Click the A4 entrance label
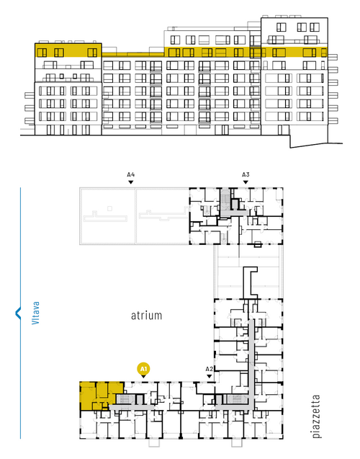click(x=130, y=174)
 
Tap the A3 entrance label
click(x=246, y=174)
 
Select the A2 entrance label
click(x=209, y=369)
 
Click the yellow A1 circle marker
click(x=143, y=369)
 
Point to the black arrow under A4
click(x=131, y=182)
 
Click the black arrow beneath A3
click(x=246, y=182)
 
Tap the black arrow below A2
click(x=210, y=376)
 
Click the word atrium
click(x=146, y=316)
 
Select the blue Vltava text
click(x=35, y=313)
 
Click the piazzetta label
click(x=316, y=416)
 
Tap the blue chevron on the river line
click(x=18, y=313)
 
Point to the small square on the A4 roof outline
click(x=109, y=208)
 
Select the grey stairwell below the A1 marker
click(x=126, y=399)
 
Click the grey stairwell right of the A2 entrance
click(x=236, y=399)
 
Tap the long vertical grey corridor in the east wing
click(x=251, y=363)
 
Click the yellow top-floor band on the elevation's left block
click(x=68, y=50)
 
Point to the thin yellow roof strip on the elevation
click(x=133, y=55)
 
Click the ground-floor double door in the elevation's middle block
click(x=225, y=130)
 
